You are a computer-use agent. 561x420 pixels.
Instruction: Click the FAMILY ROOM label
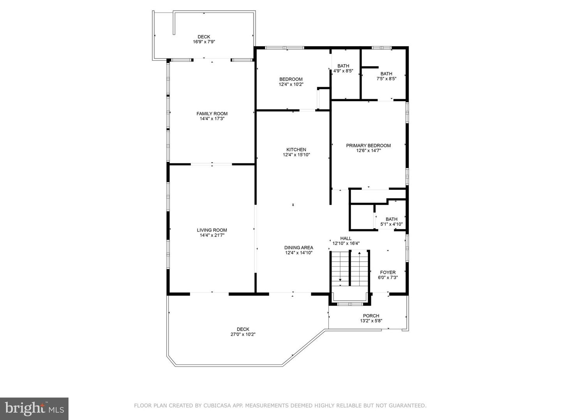click(212, 114)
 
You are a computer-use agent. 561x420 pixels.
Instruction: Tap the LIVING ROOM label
click(212, 230)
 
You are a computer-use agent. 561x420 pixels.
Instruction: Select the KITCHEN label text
click(296, 150)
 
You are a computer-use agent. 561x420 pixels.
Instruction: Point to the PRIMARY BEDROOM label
click(368, 145)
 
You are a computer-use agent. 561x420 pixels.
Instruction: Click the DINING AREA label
click(299, 248)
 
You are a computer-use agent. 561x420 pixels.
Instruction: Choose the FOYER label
click(388, 272)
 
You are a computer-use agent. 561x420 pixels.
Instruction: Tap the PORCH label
click(371, 316)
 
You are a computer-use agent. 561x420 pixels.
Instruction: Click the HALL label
click(346, 238)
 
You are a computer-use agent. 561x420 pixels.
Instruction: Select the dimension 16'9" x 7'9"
click(204, 42)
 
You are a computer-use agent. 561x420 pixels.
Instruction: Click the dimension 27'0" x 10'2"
click(243, 334)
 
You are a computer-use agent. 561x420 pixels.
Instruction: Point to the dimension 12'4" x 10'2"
click(291, 84)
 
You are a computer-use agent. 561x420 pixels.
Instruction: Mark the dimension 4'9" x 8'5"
click(343, 71)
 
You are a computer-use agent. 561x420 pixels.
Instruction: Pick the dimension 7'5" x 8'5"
click(386, 79)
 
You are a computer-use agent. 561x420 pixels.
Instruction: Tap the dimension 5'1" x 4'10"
click(392, 224)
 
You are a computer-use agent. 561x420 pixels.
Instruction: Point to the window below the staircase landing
click(350, 304)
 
